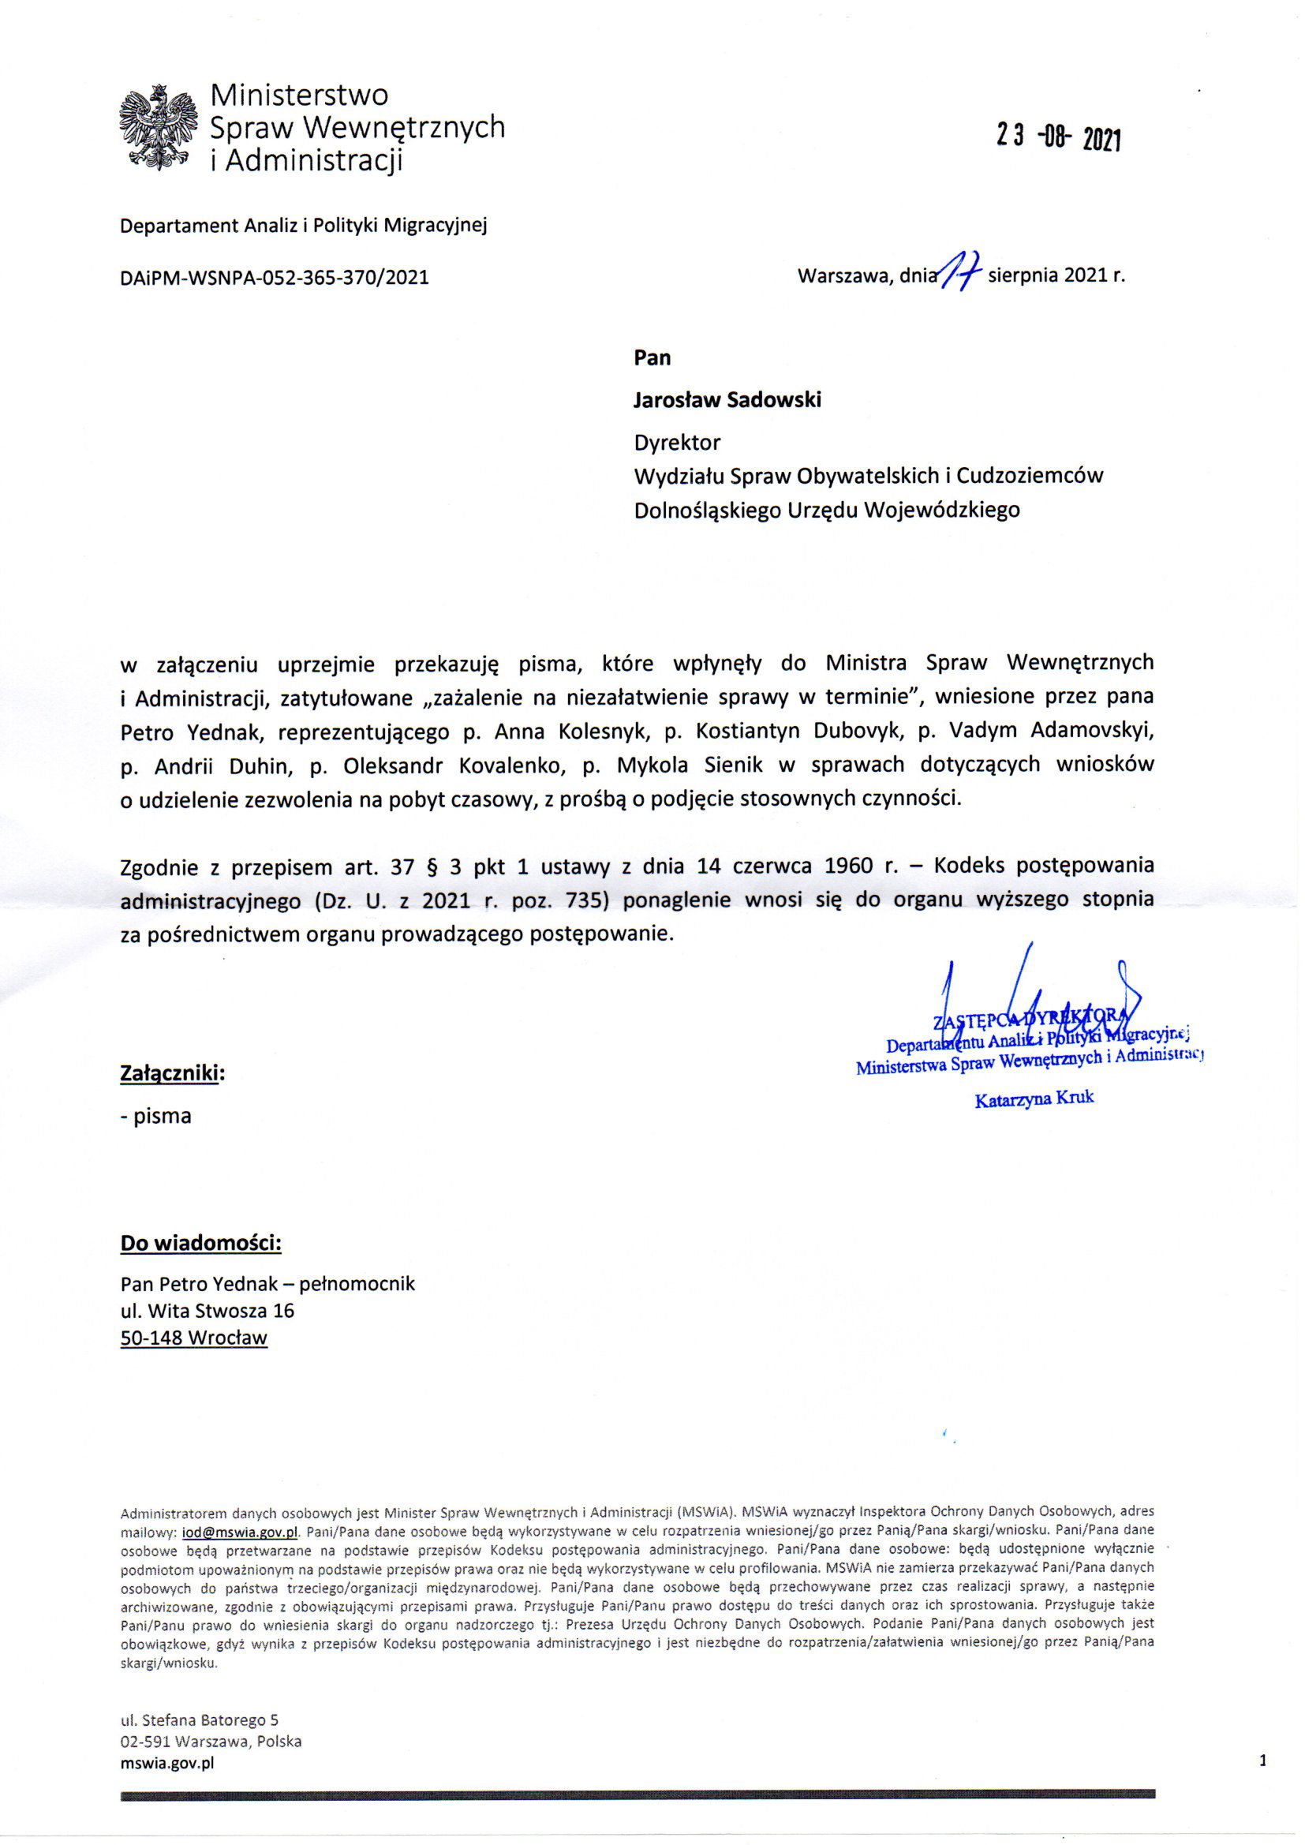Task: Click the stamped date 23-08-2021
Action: [x=1058, y=139]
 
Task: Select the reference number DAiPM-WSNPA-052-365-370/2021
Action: [x=274, y=278]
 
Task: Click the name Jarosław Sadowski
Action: [x=727, y=400]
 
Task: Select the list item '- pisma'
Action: [x=156, y=1116]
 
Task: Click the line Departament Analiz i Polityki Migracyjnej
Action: [x=304, y=226]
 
